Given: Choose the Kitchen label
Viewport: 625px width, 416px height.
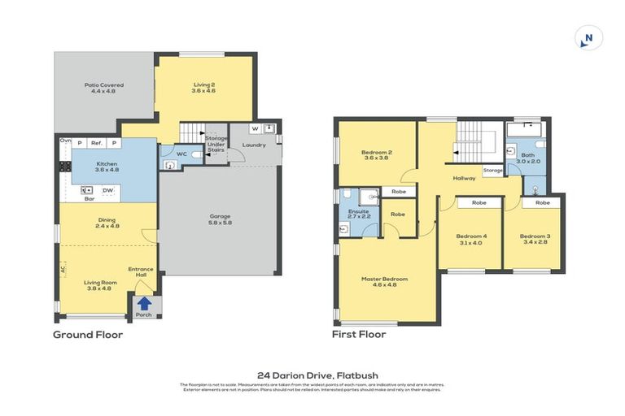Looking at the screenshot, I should coord(106,167).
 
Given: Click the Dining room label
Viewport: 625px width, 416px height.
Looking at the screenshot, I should coord(107,221).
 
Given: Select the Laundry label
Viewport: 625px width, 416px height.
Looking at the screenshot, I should coord(255,145).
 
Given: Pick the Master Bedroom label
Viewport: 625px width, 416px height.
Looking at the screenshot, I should coord(384,281).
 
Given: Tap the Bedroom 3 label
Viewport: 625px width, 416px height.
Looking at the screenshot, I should coord(535,239).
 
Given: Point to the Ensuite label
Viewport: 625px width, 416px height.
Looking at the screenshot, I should coord(359,214).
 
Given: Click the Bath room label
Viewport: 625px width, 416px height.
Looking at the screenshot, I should coord(527,158).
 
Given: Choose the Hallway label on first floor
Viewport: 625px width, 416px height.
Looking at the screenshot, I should coord(465,178).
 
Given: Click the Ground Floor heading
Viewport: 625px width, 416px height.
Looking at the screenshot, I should coord(88,334).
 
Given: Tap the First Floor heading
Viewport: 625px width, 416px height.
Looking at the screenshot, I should coord(358,334).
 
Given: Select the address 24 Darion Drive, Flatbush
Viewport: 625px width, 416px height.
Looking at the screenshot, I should coord(312,375).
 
